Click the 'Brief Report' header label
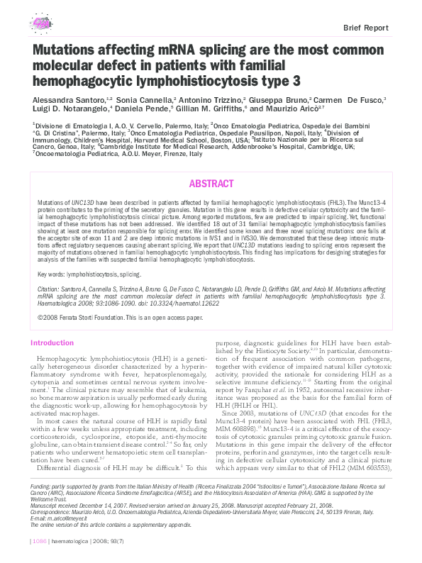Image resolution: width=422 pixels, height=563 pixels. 366,28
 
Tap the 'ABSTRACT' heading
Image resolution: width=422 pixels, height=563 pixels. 211,184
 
